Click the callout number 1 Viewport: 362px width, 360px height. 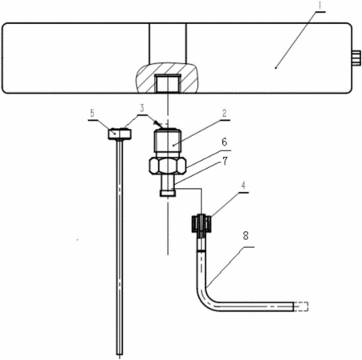(x=320, y=5)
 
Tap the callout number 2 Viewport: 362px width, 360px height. (x=225, y=114)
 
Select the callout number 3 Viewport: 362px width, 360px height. (x=142, y=108)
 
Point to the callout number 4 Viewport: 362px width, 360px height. (x=243, y=186)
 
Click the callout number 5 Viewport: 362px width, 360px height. (x=92, y=114)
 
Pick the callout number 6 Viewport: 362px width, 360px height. (x=225, y=142)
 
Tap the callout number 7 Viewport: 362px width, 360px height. (x=225, y=161)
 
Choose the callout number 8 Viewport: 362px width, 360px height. (x=245, y=236)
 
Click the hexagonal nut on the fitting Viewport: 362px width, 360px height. (x=168, y=166)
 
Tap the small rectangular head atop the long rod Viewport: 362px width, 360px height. (x=120, y=134)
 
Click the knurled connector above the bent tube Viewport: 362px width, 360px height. (x=201, y=223)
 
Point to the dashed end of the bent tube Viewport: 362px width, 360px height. (x=301, y=306)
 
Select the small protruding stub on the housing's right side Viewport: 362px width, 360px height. (x=357, y=58)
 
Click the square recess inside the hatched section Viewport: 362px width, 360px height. (x=168, y=83)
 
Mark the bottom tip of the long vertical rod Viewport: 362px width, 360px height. (x=120, y=354)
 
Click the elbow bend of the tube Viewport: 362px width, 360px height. (x=205, y=299)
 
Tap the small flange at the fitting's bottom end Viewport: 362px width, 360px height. (x=168, y=193)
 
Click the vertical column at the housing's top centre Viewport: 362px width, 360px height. (x=168, y=44)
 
